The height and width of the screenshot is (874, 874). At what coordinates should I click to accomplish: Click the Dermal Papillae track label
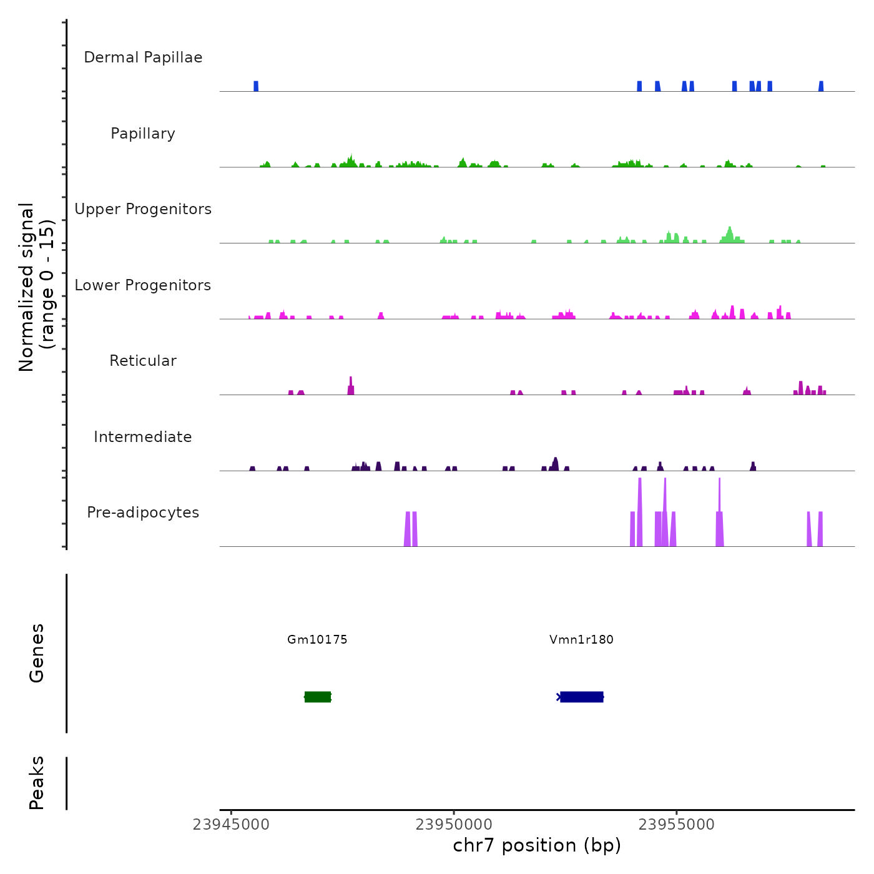point(143,57)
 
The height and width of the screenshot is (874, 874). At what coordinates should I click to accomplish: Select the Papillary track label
point(143,134)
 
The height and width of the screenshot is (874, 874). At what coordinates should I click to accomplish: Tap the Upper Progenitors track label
point(143,209)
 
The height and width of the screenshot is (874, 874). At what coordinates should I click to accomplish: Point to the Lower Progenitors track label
point(143,285)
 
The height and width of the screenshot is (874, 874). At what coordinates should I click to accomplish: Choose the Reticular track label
point(143,361)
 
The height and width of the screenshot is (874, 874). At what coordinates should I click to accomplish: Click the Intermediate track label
point(143,437)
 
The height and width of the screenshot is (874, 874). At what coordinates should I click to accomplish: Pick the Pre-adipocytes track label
point(143,513)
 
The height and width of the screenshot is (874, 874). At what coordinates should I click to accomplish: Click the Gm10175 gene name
point(317,639)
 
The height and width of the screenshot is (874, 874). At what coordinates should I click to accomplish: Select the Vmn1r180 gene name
point(581,639)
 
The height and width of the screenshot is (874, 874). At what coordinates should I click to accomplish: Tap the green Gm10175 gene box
point(318,697)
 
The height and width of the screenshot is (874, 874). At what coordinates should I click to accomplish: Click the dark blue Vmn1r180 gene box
point(581,697)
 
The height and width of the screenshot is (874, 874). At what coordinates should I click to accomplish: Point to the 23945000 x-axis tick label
point(231,825)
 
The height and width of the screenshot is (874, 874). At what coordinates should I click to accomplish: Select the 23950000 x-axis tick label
point(454,825)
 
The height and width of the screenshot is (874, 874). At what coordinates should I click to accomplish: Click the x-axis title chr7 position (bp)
point(537,845)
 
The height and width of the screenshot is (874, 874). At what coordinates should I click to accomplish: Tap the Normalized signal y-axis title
point(36,287)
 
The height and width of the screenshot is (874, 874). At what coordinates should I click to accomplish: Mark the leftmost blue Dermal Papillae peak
point(256,86)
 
